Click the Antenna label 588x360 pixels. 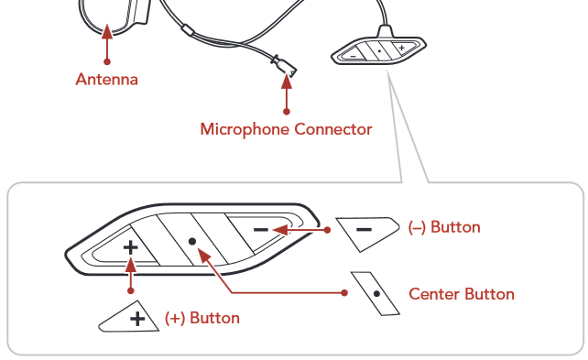pos(107,80)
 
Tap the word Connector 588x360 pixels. pos(333,129)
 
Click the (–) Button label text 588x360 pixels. pos(444,227)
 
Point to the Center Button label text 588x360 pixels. pos(462,294)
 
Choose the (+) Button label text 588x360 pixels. pos(202,318)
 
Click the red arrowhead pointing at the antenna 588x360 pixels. pos(107,31)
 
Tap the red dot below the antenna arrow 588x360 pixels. pos(107,61)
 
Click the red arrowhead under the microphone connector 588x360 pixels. pos(287,82)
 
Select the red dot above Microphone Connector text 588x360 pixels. pos(287,112)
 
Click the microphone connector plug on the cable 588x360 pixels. pos(284,66)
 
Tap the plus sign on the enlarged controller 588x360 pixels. pos(130,247)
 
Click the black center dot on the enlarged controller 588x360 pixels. pos(192,242)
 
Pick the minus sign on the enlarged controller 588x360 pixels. pos(261,230)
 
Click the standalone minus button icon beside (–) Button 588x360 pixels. pos(367,234)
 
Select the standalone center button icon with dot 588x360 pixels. pos(376,294)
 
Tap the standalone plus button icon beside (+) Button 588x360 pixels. pos(129,317)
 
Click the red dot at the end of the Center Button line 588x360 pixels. pos(344,293)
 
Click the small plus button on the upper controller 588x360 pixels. pos(403,48)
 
